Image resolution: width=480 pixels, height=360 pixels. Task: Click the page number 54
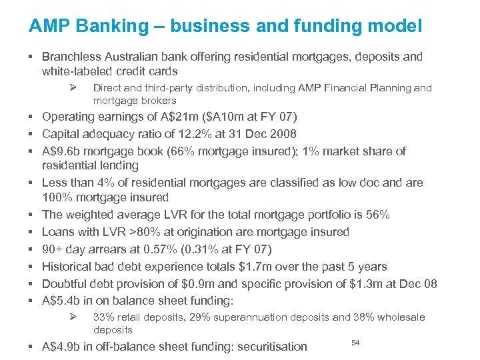[x=355, y=342]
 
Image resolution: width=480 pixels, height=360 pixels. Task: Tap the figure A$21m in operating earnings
[x=172, y=117]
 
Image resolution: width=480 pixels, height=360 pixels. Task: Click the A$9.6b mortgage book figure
[x=62, y=151]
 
